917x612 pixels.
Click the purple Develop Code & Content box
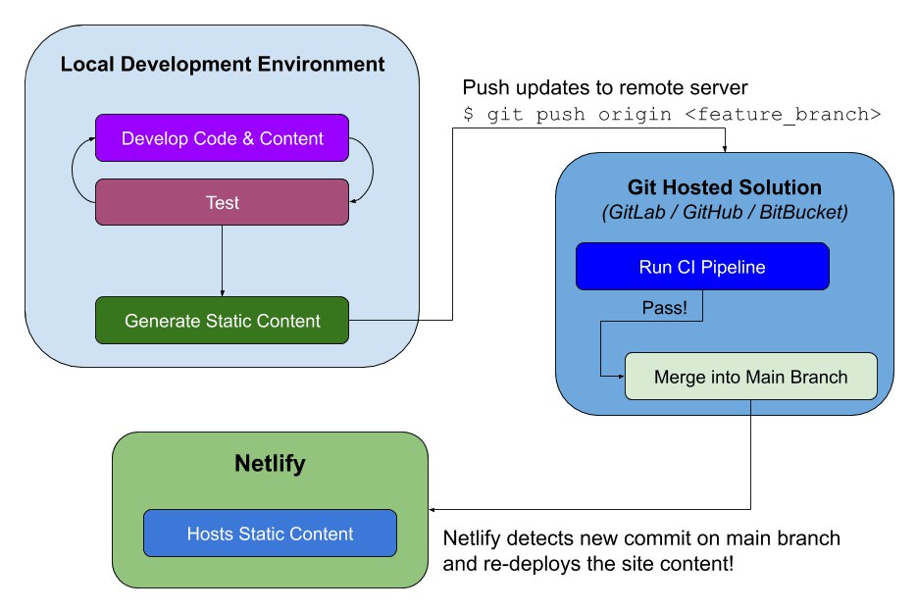[223, 138]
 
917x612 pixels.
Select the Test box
[223, 202]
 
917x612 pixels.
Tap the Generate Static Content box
[223, 321]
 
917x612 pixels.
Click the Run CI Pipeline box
[702, 267]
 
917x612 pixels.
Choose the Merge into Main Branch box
[751, 377]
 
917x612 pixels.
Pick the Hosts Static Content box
[270, 533]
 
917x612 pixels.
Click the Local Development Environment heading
[223, 64]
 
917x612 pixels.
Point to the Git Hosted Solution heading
[725, 187]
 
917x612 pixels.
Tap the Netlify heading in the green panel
[270, 463]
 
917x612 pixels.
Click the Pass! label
[664, 308]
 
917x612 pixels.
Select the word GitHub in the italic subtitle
[713, 212]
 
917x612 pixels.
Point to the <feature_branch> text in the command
[783, 114]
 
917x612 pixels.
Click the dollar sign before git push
[469, 114]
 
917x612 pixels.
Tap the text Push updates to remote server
[605, 87]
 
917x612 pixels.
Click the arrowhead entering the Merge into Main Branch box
[621, 377]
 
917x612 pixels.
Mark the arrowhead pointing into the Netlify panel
[433, 510]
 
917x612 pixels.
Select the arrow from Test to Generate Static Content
[223, 261]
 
